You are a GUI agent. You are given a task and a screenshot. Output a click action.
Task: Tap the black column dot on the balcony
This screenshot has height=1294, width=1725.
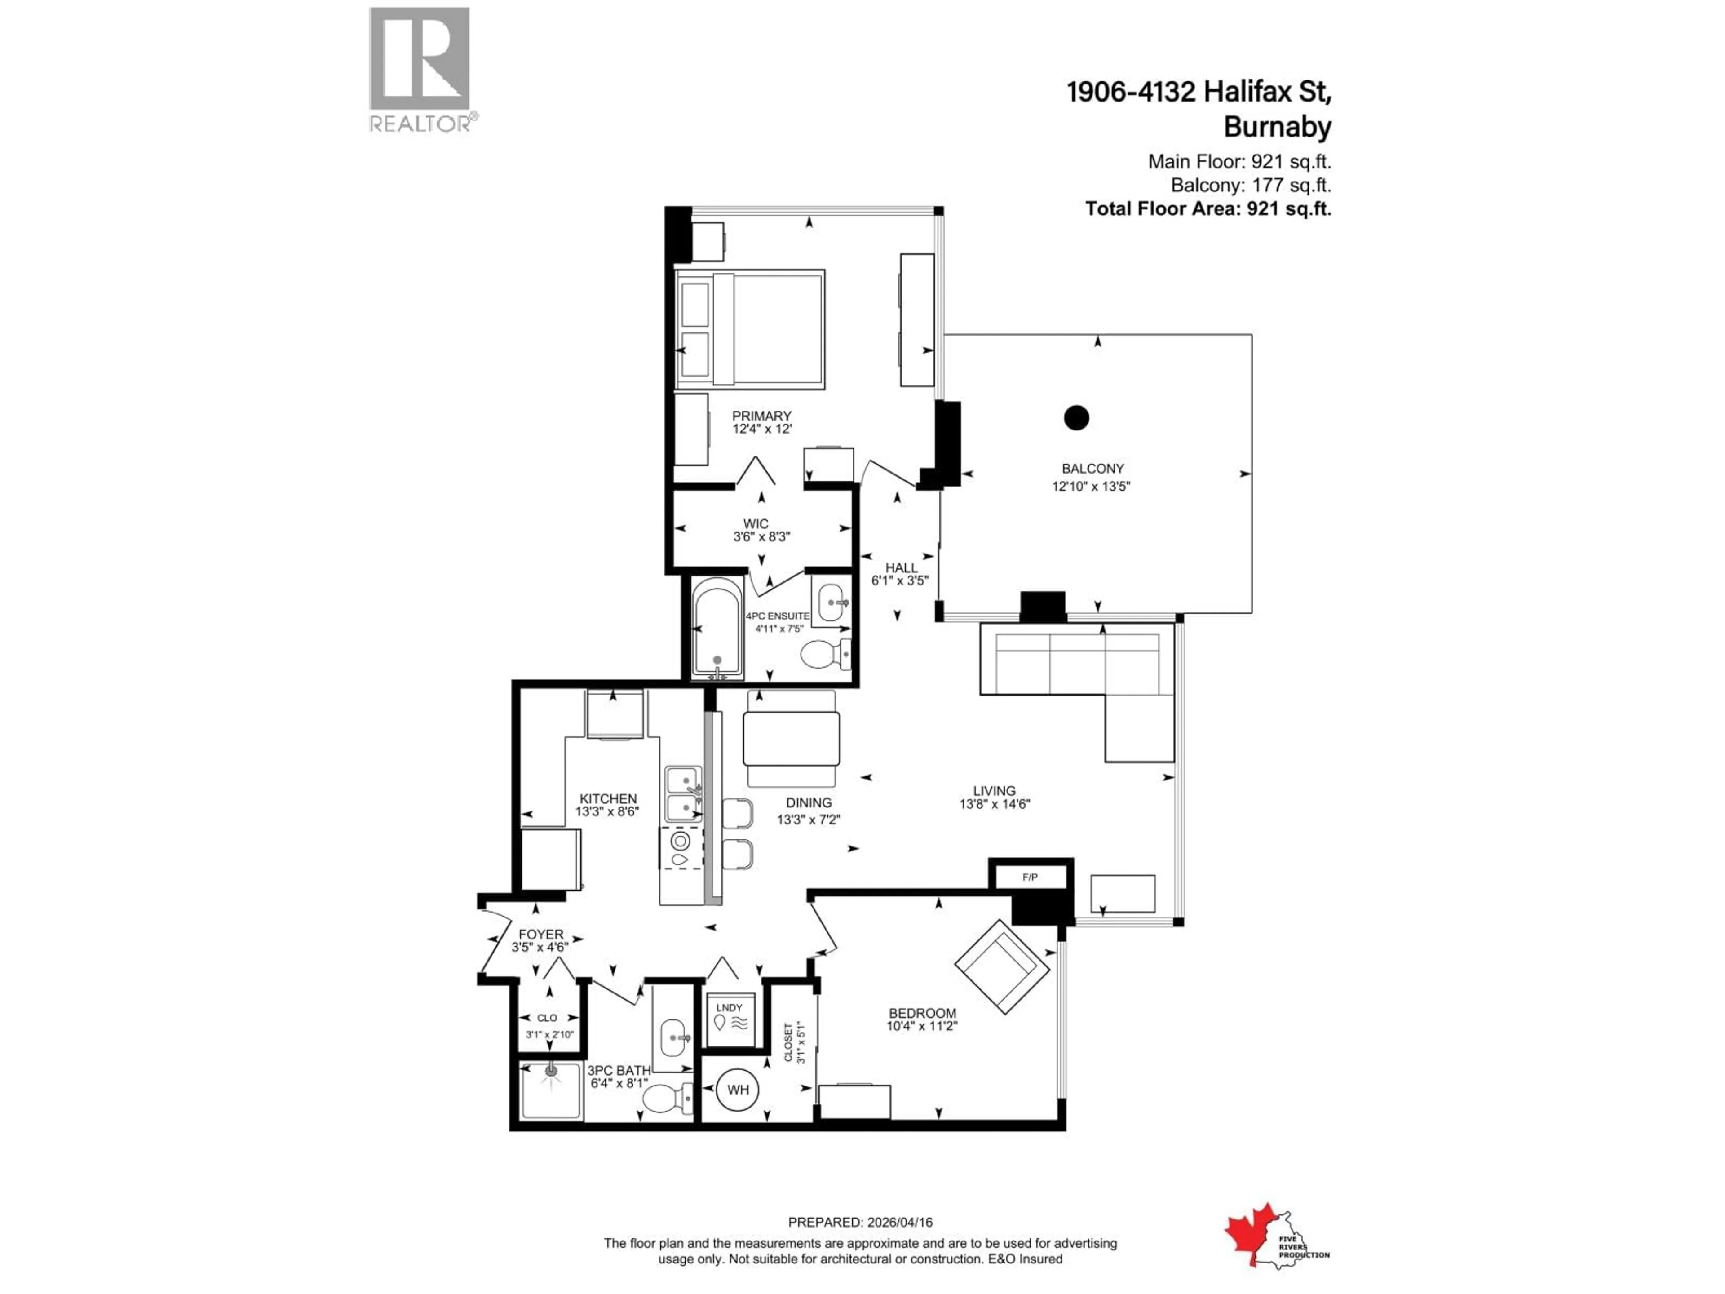(x=1076, y=418)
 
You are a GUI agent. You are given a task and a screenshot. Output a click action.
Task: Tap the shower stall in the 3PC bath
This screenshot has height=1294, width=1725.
(x=551, y=1090)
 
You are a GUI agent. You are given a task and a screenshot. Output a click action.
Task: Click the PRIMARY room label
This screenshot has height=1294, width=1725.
(x=761, y=416)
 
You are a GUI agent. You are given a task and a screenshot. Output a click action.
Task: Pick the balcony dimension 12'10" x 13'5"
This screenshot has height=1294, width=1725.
(x=1091, y=486)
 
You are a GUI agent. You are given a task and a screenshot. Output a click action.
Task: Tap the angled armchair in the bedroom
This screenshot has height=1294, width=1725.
(x=1002, y=967)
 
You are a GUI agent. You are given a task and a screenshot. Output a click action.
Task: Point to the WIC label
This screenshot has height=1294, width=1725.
(x=755, y=523)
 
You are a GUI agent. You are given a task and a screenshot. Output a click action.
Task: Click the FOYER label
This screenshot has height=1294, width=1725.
(x=540, y=934)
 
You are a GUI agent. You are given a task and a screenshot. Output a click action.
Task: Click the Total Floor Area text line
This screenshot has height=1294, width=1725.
(x=1208, y=209)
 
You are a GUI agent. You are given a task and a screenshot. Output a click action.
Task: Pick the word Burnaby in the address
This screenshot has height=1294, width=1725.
(x=1277, y=127)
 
